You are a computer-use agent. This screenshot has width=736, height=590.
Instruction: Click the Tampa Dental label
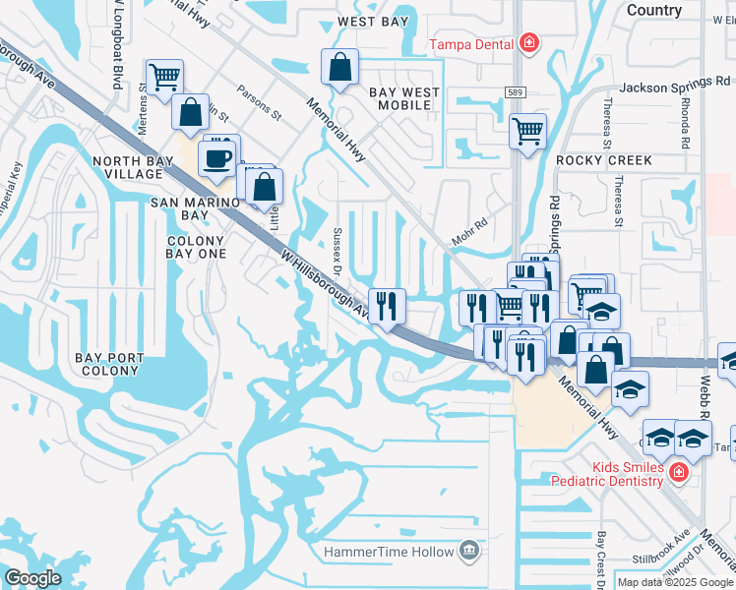(x=472, y=43)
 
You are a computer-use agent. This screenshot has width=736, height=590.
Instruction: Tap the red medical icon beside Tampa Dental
(x=529, y=42)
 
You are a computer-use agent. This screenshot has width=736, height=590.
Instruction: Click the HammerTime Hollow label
(x=390, y=552)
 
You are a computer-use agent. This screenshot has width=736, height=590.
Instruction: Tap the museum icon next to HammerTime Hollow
(x=469, y=551)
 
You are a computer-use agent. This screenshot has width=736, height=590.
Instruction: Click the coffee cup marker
(x=216, y=157)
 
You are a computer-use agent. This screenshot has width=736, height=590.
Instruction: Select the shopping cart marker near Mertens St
(x=164, y=76)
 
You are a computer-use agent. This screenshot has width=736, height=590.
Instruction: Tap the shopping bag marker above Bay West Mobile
(x=339, y=68)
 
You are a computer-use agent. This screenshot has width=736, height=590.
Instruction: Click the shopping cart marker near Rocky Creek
(x=527, y=130)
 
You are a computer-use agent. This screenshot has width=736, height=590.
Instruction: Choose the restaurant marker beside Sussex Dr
(x=386, y=304)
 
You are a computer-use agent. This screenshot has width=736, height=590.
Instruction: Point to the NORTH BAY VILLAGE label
(x=126, y=167)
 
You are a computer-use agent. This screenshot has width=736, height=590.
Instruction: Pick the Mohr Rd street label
(x=468, y=229)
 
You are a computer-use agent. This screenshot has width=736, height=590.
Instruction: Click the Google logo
(x=33, y=578)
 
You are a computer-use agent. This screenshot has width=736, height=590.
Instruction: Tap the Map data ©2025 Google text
(x=675, y=582)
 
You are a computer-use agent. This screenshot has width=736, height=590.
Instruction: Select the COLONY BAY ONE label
(x=197, y=247)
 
